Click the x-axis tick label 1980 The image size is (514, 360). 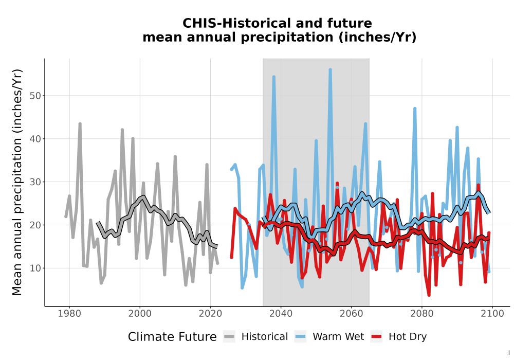click(69, 314)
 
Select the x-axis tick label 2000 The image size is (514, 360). click(140, 314)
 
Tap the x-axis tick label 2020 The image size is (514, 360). click(210, 314)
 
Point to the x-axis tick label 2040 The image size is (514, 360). click(281, 314)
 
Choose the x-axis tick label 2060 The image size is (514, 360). click(352, 314)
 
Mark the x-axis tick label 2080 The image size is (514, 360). click(422, 314)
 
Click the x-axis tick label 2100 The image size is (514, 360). click(492, 314)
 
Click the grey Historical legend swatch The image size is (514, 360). click(229, 337)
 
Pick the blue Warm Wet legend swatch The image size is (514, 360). click(300, 337)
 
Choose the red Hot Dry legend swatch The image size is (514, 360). click(377, 337)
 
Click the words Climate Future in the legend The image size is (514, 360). click(172, 337)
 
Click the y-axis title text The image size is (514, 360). click(17, 182)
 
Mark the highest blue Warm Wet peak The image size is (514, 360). click(330, 69)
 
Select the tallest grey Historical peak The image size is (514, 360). click(80, 124)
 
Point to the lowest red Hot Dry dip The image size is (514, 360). click(429, 295)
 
